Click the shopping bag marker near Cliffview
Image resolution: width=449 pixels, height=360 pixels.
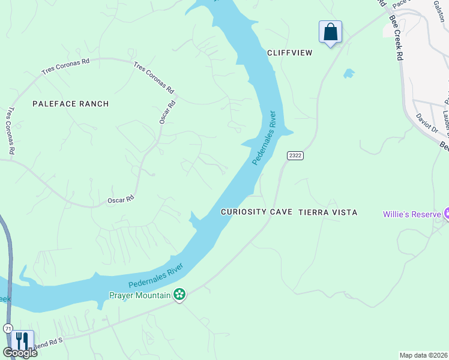point(330,32)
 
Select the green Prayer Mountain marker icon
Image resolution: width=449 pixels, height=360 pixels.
point(179,294)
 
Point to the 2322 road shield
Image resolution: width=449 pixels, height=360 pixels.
point(295,155)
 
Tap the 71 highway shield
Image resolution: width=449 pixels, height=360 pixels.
point(7,328)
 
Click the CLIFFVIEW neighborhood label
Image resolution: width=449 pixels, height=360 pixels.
point(290,53)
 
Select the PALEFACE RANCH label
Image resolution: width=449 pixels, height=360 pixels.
point(70,104)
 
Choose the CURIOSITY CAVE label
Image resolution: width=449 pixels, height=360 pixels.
point(256,212)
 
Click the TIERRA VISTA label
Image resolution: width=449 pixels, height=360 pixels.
point(328,212)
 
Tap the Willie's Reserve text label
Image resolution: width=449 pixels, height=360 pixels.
point(412,214)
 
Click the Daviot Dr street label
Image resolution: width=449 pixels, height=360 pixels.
point(427,125)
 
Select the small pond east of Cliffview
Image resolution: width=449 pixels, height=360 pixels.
point(348,74)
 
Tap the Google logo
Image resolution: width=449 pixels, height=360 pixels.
point(20,353)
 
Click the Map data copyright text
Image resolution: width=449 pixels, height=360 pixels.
point(424,355)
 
